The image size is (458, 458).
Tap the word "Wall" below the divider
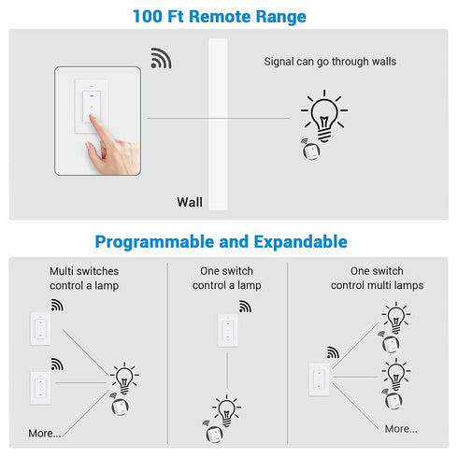click(190, 201)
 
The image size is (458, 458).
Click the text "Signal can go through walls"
click(330, 62)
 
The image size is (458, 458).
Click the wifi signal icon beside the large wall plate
click(161, 59)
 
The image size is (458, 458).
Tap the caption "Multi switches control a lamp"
click(84, 279)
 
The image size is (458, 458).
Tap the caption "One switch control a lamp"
click(227, 279)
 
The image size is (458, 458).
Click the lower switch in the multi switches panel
click(40, 387)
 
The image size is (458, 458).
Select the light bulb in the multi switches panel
click(123, 379)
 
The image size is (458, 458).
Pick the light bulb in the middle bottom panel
click(226, 409)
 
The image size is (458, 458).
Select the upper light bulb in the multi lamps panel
click(396, 317)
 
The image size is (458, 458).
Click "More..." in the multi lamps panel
click(401, 428)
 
